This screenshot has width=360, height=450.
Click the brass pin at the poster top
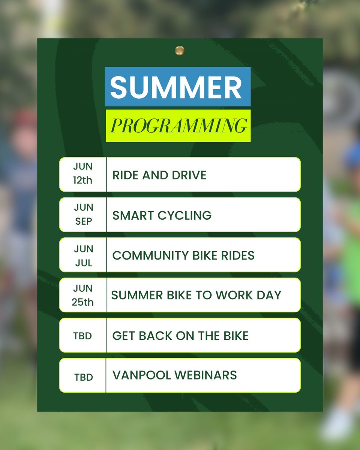pos(180,50)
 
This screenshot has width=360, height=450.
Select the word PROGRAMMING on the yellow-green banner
pos(178,126)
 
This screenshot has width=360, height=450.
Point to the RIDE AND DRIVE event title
pos(159,175)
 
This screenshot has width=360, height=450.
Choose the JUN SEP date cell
pos(83,214)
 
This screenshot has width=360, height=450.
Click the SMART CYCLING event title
pos(162,215)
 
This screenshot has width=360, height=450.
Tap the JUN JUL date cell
pos(83,255)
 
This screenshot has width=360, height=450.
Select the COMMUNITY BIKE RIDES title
pos(183,255)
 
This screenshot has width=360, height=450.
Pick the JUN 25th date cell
pos(83,295)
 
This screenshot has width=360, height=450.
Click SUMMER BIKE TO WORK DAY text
pos(196,295)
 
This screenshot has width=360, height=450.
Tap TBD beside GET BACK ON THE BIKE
pos(83,336)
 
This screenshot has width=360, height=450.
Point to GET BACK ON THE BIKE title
pos(180,336)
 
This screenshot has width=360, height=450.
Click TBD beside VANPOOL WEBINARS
pos(83,376)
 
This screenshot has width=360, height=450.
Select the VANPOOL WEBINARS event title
pos(174,375)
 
